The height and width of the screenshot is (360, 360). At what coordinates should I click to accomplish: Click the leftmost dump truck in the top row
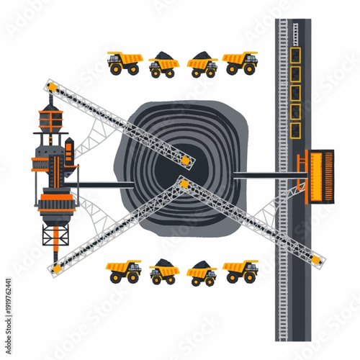[124, 63]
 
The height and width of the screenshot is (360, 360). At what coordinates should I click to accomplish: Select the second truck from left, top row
[164, 66]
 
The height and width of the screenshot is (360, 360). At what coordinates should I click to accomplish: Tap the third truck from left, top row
[202, 66]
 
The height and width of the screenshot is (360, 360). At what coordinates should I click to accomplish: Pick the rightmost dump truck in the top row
[240, 63]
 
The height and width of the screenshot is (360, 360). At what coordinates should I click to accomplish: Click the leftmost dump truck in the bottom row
[124, 271]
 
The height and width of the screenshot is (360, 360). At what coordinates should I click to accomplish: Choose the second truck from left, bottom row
[164, 274]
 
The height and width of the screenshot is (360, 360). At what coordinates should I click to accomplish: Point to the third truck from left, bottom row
[202, 274]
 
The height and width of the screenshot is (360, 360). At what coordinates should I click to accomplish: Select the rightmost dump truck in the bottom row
[240, 271]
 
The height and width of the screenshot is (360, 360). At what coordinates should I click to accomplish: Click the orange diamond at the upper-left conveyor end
[52, 88]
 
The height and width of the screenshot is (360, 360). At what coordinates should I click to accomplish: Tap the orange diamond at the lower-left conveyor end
[55, 269]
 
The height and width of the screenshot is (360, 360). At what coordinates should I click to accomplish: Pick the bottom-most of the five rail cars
[294, 130]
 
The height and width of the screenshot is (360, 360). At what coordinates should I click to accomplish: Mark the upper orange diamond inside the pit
[186, 159]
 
